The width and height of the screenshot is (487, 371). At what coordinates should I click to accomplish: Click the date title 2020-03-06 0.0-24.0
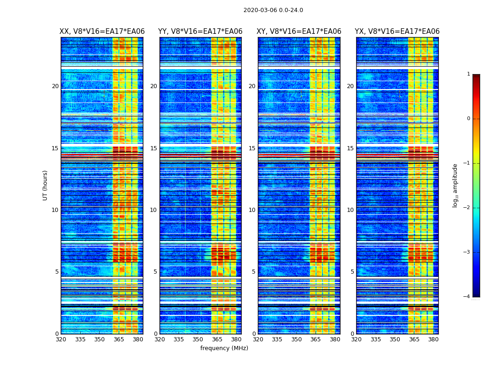pyautogui.click(x=273, y=10)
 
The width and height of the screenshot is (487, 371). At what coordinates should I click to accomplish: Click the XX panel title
pyautogui.click(x=102, y=32)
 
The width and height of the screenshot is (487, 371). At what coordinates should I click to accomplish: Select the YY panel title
pyautogui.click(x=200, y=32)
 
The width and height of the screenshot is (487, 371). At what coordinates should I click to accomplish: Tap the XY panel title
pyautogui.click(x=299, y=32)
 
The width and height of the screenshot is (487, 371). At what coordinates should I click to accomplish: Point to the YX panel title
pyautogui.click(x=397, y=32)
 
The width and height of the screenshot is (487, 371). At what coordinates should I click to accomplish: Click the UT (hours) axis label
pyautogui.click(x=45, y=185)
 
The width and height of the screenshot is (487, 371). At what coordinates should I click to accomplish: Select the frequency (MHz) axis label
pyautogui.click(x=224, y=348)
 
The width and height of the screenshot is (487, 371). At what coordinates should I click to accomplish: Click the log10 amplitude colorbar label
pyautogui.click(x=455, y=185)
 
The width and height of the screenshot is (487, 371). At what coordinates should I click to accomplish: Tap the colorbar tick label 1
pyautogui.click(x=468, y=74)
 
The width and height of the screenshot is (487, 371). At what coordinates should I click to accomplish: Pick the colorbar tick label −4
pyautogui.click(x=467, y=297)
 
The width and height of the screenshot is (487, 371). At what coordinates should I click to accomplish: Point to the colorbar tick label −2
pyautogui.click(x=467, y=208)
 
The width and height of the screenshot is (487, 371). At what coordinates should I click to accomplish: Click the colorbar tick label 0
pyautogui.click(x=468, y=119)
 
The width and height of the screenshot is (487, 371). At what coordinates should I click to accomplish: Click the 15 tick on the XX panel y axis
pyautogui.click(x=55, y=148)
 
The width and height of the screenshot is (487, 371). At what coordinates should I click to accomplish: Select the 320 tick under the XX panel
pyautogui.click(x=61, y=339)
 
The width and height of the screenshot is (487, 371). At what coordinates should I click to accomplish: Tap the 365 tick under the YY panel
pyautogui.click(x=217, y=339)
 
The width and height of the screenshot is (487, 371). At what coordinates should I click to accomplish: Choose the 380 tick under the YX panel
pyautogui.click(x=433, y=339)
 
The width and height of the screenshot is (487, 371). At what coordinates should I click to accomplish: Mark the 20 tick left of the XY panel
pyautogui.click(x=252, y=86)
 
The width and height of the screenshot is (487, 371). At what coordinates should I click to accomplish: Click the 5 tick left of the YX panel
pyautogui.click(x=352, y=272)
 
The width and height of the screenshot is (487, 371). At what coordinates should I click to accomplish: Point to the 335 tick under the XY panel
pyautogui.click(x=277, y=339)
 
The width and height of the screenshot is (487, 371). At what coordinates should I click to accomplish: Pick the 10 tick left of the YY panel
pyautogui.click(x=154, y=210)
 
